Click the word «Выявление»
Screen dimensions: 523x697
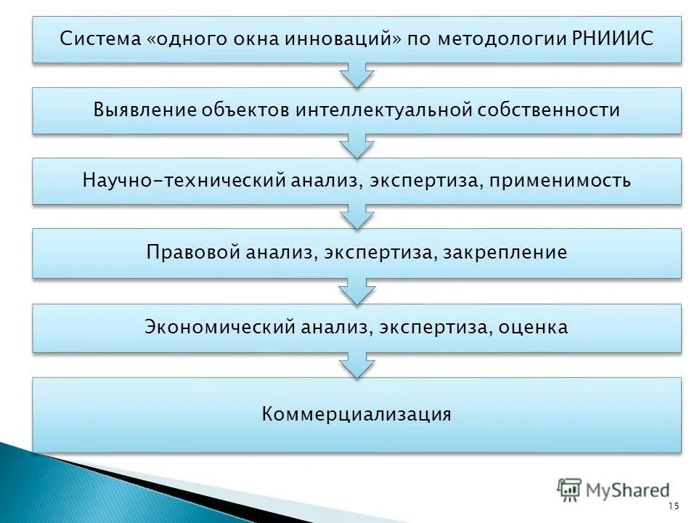pos(145,110)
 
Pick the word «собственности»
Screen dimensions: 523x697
pos(550,110)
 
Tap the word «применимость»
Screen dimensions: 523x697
pos(560,180)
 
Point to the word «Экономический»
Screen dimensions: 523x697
pos(218,327)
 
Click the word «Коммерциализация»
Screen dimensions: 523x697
pos(356,415)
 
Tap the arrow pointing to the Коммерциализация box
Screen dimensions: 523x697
pos(356,365)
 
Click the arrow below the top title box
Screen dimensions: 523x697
pos(356,75)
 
